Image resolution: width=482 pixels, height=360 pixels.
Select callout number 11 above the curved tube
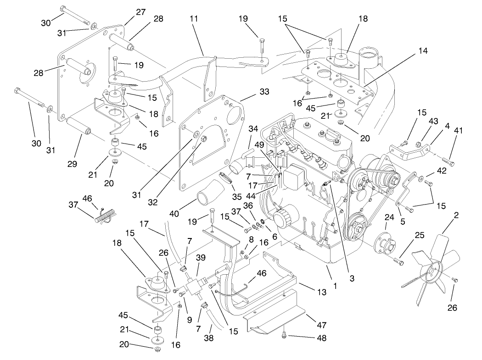[x=193, y=19]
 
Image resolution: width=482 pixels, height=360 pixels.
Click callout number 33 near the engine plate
[x=251, y=92]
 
